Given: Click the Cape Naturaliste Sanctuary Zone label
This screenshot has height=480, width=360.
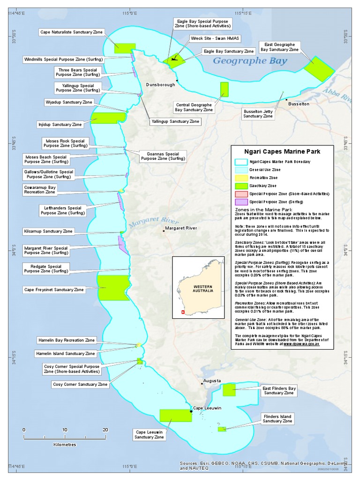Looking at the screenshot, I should tap(72, 32).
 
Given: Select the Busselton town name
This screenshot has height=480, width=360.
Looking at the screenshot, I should tap(299, 104).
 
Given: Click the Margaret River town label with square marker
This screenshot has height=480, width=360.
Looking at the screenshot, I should tap(180, 228).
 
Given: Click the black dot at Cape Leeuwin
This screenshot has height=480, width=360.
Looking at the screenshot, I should tap(191, 411).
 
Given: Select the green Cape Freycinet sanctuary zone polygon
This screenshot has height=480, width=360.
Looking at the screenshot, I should tap(113, 287).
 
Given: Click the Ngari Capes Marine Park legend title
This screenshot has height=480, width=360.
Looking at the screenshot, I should tap(282, 152).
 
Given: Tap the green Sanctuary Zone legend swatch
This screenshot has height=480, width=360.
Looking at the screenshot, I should tap(240, 186).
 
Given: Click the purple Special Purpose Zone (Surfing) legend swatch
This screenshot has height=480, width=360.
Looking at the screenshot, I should tap(240, 202).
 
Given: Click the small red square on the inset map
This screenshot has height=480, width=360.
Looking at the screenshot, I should tap(183, 312).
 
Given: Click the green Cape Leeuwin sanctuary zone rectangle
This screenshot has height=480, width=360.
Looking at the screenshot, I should tap(175, 415).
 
